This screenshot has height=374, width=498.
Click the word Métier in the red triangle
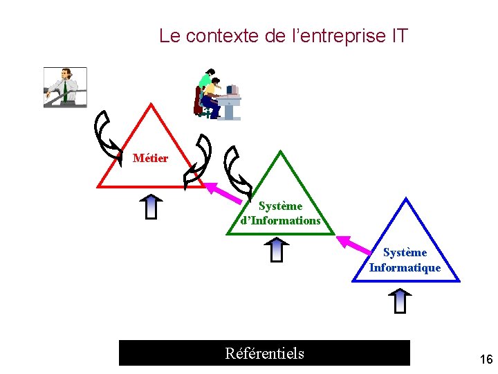click(150, 159)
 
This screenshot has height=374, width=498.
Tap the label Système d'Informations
click(280, 213)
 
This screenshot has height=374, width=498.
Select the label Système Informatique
click(405, 260)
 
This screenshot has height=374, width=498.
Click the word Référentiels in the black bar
click(264, 354)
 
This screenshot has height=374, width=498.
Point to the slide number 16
click(486, 359)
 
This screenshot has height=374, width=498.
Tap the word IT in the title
click(399, 35)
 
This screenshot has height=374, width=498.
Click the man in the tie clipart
click(65, 87)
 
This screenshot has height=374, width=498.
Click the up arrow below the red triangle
click(151, 206)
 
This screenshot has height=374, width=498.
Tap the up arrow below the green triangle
click(277, 249)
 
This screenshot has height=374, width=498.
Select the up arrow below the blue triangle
click(400, 300)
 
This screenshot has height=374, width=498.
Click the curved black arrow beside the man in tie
click(108, 132)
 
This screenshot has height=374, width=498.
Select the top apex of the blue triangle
click(407, 199)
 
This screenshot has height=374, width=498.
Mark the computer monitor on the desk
click(232, 89)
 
